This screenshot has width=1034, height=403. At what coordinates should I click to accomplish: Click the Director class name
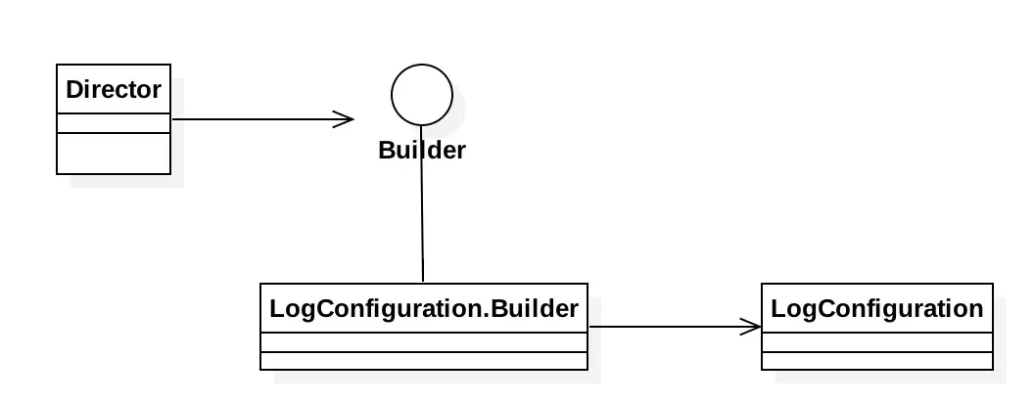click(x=114, y=90)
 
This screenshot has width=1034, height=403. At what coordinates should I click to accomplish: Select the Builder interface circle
click(x=422, y=95)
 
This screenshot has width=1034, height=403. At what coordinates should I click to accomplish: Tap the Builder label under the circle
click(x=422, y=151)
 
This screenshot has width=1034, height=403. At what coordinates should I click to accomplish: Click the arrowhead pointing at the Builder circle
click(x=345, y=119)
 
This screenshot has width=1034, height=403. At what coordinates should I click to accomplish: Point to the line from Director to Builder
click(x=255, y=119)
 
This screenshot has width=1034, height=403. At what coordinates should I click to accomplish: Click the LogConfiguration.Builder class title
click(x=424, y=309)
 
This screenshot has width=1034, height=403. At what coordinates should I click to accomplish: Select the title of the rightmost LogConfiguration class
click(x=877, y=309)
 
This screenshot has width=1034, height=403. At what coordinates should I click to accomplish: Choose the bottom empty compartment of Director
click(x=114, y=154)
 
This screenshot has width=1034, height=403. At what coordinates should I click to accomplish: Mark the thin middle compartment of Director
click(x=114, y=123)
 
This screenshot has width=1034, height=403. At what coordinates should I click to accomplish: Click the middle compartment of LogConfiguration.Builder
click(x=424, y=342)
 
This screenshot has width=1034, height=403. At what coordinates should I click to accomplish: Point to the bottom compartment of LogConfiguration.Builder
click(x=424, y=361)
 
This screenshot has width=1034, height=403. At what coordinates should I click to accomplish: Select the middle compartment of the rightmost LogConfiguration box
click(x=877, y=342)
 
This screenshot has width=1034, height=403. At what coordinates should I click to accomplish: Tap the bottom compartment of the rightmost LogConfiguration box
click(x=877, y=361)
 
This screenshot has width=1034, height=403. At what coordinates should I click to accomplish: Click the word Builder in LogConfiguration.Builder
click(x=534, y=309)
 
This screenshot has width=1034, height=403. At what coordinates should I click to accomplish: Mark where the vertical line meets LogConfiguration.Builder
click(x=423, y=283)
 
